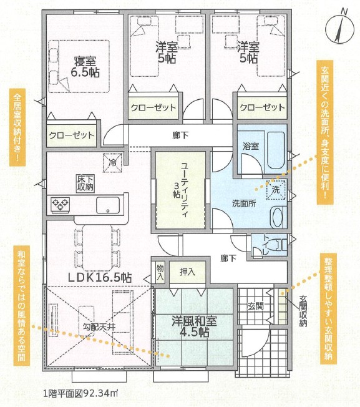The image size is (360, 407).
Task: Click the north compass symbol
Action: click(x=340, y=29)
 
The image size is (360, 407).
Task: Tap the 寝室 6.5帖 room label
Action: click(x=85, y=67)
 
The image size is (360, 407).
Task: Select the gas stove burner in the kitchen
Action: click(x=60, y=205)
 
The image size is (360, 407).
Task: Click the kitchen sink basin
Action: click(x=108, y=205)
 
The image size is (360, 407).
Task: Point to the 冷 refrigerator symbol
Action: click(x=112, y=163)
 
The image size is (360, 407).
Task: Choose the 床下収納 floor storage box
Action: click(x=85, y=184)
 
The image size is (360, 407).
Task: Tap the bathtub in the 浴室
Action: click(x=276, y=150)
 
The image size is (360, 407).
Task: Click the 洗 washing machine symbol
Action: click(x=276, y=190)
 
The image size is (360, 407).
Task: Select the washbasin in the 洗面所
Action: click(x=277, y=217)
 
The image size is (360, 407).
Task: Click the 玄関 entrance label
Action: click(x=255, y=306)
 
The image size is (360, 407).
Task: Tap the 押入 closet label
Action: click(x=187, y=272)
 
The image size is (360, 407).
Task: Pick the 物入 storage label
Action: click(x=160, y=272)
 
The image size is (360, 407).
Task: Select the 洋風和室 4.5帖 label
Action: click(x=194, y=326)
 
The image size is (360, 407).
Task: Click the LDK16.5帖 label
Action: click(x=100, y=278)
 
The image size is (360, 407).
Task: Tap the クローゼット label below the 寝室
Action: click(x=71, y=135)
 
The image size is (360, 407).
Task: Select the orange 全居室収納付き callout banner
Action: click(x=17, y=127)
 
